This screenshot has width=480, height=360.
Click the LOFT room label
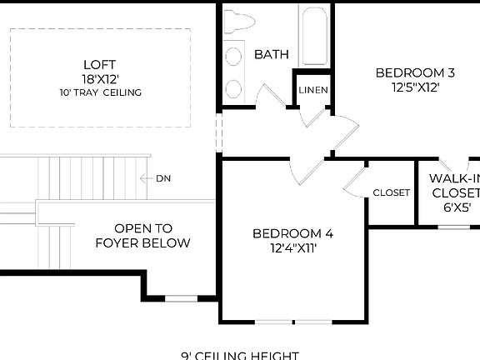(99, 65)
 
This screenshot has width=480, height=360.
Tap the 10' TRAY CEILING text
(99, 92)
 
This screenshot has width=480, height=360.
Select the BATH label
(271, 54)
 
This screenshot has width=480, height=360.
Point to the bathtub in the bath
(313, 37)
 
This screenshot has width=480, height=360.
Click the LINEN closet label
(313, 90)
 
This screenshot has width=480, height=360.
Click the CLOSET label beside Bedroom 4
(391, 192)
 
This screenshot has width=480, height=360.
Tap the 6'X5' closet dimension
(454, 208)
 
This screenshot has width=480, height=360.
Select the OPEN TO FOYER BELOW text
(143, 235)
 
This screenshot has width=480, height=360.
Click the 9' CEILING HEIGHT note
(240, 355)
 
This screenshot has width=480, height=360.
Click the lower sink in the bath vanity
(234, 88)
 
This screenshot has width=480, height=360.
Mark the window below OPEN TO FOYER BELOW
(181, 297)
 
